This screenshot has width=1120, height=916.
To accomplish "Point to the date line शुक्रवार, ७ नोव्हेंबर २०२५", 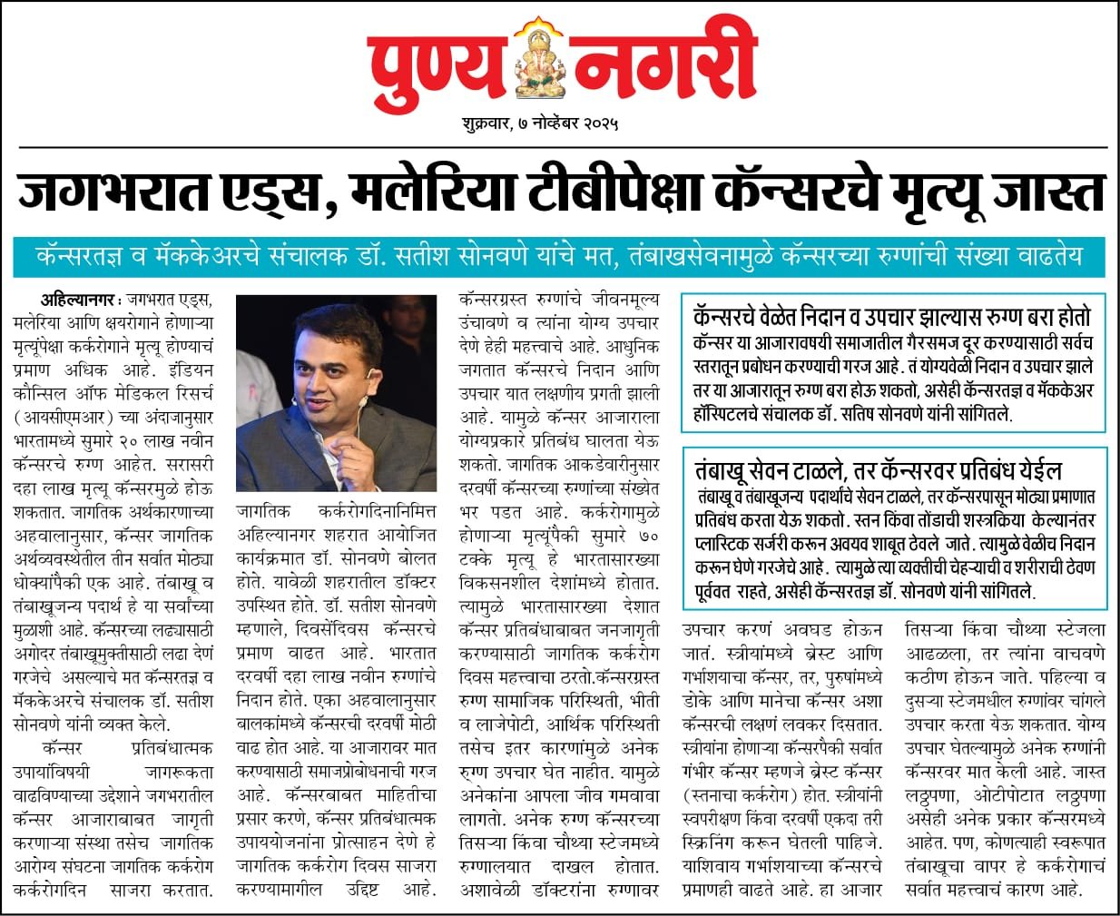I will tap(542, 123).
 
